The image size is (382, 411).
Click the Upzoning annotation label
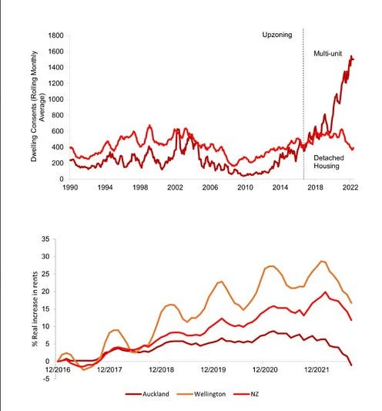[277, 35]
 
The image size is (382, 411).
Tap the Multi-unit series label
[328, 53]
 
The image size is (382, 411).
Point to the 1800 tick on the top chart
[55, 35]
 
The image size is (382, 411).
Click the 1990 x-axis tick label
[70, 187]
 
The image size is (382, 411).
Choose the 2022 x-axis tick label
[350, 187]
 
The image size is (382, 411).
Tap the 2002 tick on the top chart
[175, 187]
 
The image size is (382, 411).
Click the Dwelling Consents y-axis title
[38, 106]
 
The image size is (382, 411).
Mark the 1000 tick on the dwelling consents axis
[55, 99]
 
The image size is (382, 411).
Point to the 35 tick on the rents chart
[45, 239]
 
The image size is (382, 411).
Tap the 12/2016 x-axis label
[58, 370]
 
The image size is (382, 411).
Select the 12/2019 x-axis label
[213, 370]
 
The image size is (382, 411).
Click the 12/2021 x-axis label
[317, 370]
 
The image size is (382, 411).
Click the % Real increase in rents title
[35, 308]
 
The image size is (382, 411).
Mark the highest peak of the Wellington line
[322, 261]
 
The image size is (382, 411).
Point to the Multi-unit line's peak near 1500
[351, 56]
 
